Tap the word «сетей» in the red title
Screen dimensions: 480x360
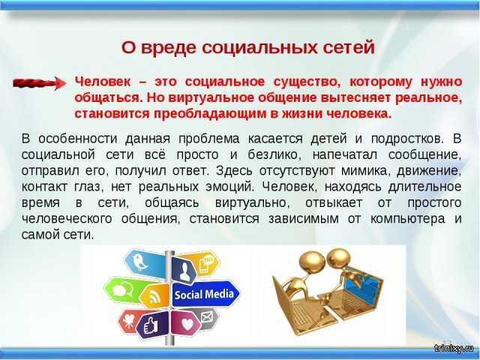(x=349, y=48)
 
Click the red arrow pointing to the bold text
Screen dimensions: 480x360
(x=39, y=82)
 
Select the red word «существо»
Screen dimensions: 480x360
(x=307, y=82)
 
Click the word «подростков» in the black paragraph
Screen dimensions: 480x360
(x=406, y=139)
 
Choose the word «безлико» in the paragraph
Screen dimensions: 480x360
(x=274, y=155)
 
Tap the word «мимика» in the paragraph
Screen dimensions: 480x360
(x=366, y=171)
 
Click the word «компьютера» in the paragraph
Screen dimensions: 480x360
(x=407, y=219)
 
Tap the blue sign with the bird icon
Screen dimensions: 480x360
(x=145, y=264)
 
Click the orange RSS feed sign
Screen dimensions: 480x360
(x=155, y=296)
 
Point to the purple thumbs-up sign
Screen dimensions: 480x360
(x=151, y=325)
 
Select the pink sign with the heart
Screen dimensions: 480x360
(x=186, y=323)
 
